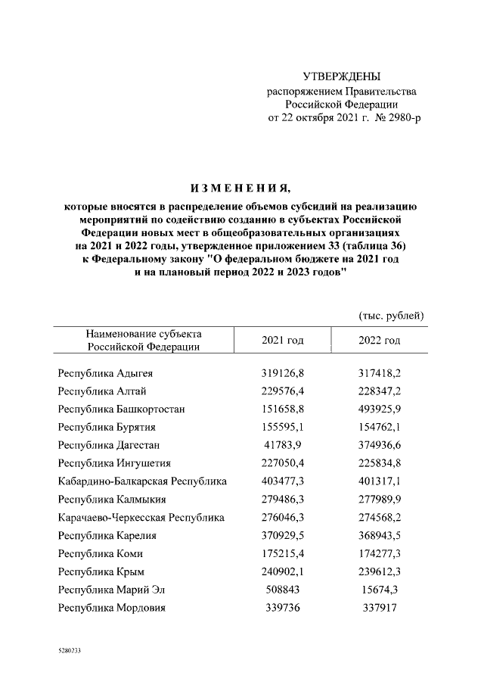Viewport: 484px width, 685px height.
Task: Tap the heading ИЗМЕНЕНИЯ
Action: (241, 188)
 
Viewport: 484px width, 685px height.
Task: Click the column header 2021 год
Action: (282, 341)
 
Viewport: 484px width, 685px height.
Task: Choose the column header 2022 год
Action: (379, 341)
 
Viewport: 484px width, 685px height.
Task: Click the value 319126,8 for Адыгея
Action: (282, 373)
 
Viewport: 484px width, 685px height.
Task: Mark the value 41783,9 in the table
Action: (282, 444)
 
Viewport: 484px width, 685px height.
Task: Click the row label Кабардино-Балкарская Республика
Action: (142, 481)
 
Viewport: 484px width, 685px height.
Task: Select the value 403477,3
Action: (282, 481)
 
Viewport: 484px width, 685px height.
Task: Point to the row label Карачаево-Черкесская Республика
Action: (141, 518)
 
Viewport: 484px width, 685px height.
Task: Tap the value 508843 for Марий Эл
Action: (282, 590)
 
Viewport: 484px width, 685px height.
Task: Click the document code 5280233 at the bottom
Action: (70, 650)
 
